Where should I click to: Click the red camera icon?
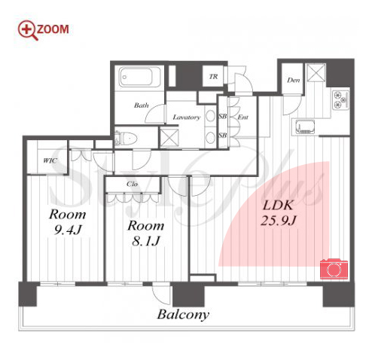click(x=334, y=269)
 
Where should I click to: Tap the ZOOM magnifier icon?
click(x=28, y=30)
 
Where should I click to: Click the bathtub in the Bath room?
click(x=139, y=77)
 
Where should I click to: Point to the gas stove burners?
click(x=341, y=99)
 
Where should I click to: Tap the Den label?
click(x=294, y=81)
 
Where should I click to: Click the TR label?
click(x=213, y=77)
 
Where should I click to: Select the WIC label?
click(x=50, y=160)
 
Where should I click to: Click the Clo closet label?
click(x=132, y=184)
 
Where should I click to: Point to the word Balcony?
click(x=183, y=315)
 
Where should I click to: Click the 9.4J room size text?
click(x=68, y=230)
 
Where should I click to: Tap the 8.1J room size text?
click(x=145, y=241)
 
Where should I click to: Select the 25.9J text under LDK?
click(x=279, y=221)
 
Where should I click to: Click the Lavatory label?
click(x=187, y=117)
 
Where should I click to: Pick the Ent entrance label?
click(x=242, y=117)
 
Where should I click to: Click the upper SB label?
click(x=223, y=116)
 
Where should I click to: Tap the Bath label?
click(x=142, y=105)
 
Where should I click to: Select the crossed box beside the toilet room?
click(x=169, y=138)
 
